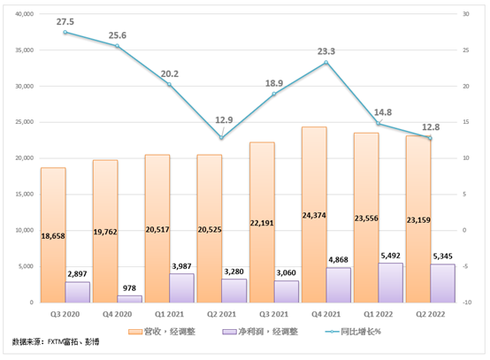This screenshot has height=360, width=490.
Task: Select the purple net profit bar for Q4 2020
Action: tap(131, 298)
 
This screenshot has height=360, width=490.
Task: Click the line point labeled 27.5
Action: tap(65, 32)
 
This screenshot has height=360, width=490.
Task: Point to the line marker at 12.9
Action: tap(222, 137)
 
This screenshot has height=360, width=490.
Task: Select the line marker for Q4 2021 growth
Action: tap(326, 63)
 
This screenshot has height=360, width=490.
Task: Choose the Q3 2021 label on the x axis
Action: tap(274, 312)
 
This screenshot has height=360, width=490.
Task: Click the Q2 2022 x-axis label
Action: tap(431, 312)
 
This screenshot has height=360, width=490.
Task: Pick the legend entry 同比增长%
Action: tap(360, 332)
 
